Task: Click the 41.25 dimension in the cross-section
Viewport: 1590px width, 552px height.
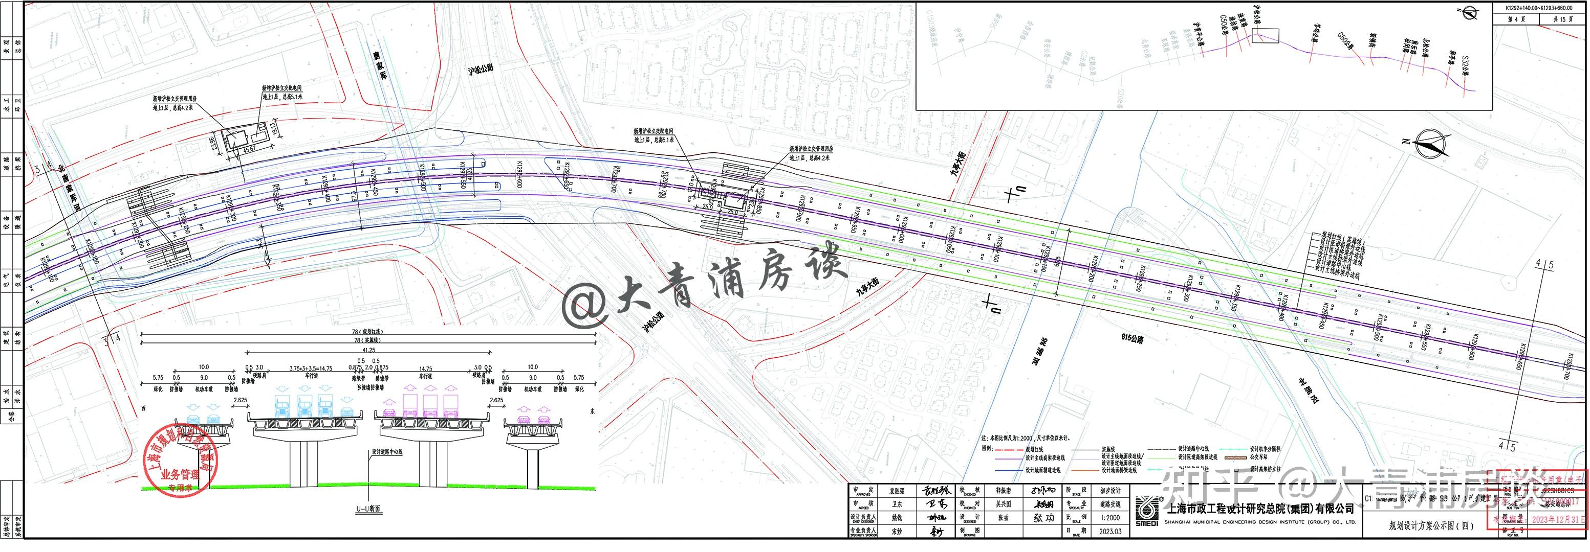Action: pos(368,350)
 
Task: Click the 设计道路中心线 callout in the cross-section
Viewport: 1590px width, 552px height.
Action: pos(387,452)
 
